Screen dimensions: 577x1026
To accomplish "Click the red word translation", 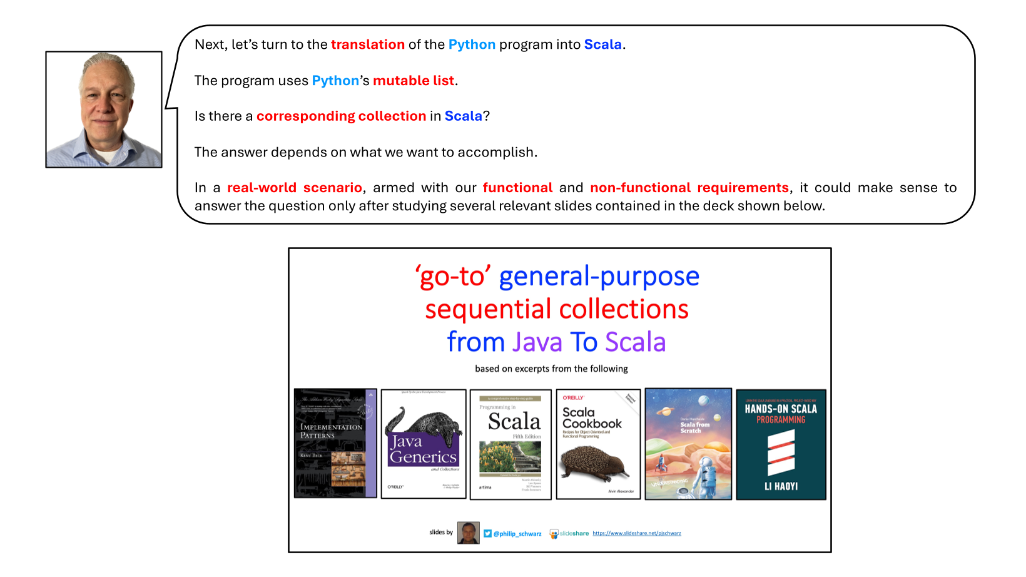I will pos(367,44).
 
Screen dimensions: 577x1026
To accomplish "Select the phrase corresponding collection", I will pos(341,116).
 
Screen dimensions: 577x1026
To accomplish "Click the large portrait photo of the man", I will pos(104,110).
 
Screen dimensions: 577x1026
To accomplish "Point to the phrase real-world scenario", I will pos(294,188).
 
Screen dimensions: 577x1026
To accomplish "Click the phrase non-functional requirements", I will pos(689,188).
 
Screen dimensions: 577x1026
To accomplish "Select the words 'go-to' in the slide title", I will pos(452,276).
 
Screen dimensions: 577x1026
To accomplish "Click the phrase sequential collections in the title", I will pos(556,309).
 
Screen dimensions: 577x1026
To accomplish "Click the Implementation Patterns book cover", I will pos(335,443).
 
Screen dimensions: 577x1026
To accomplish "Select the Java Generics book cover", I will pos(424,444).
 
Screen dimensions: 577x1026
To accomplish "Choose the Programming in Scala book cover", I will pos(510,444).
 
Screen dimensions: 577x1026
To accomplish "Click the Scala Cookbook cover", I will pos(598,444).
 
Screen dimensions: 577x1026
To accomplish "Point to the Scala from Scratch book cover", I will pos(688,444).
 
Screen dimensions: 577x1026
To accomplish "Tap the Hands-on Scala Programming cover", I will pos(781,444).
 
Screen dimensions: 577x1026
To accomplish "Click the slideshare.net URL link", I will pos(636,533).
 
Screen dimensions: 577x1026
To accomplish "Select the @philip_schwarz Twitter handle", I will pos(517,534).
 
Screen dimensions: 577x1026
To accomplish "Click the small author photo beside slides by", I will pos(468,533).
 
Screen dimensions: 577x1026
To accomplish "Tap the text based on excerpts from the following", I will pos(551,369).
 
